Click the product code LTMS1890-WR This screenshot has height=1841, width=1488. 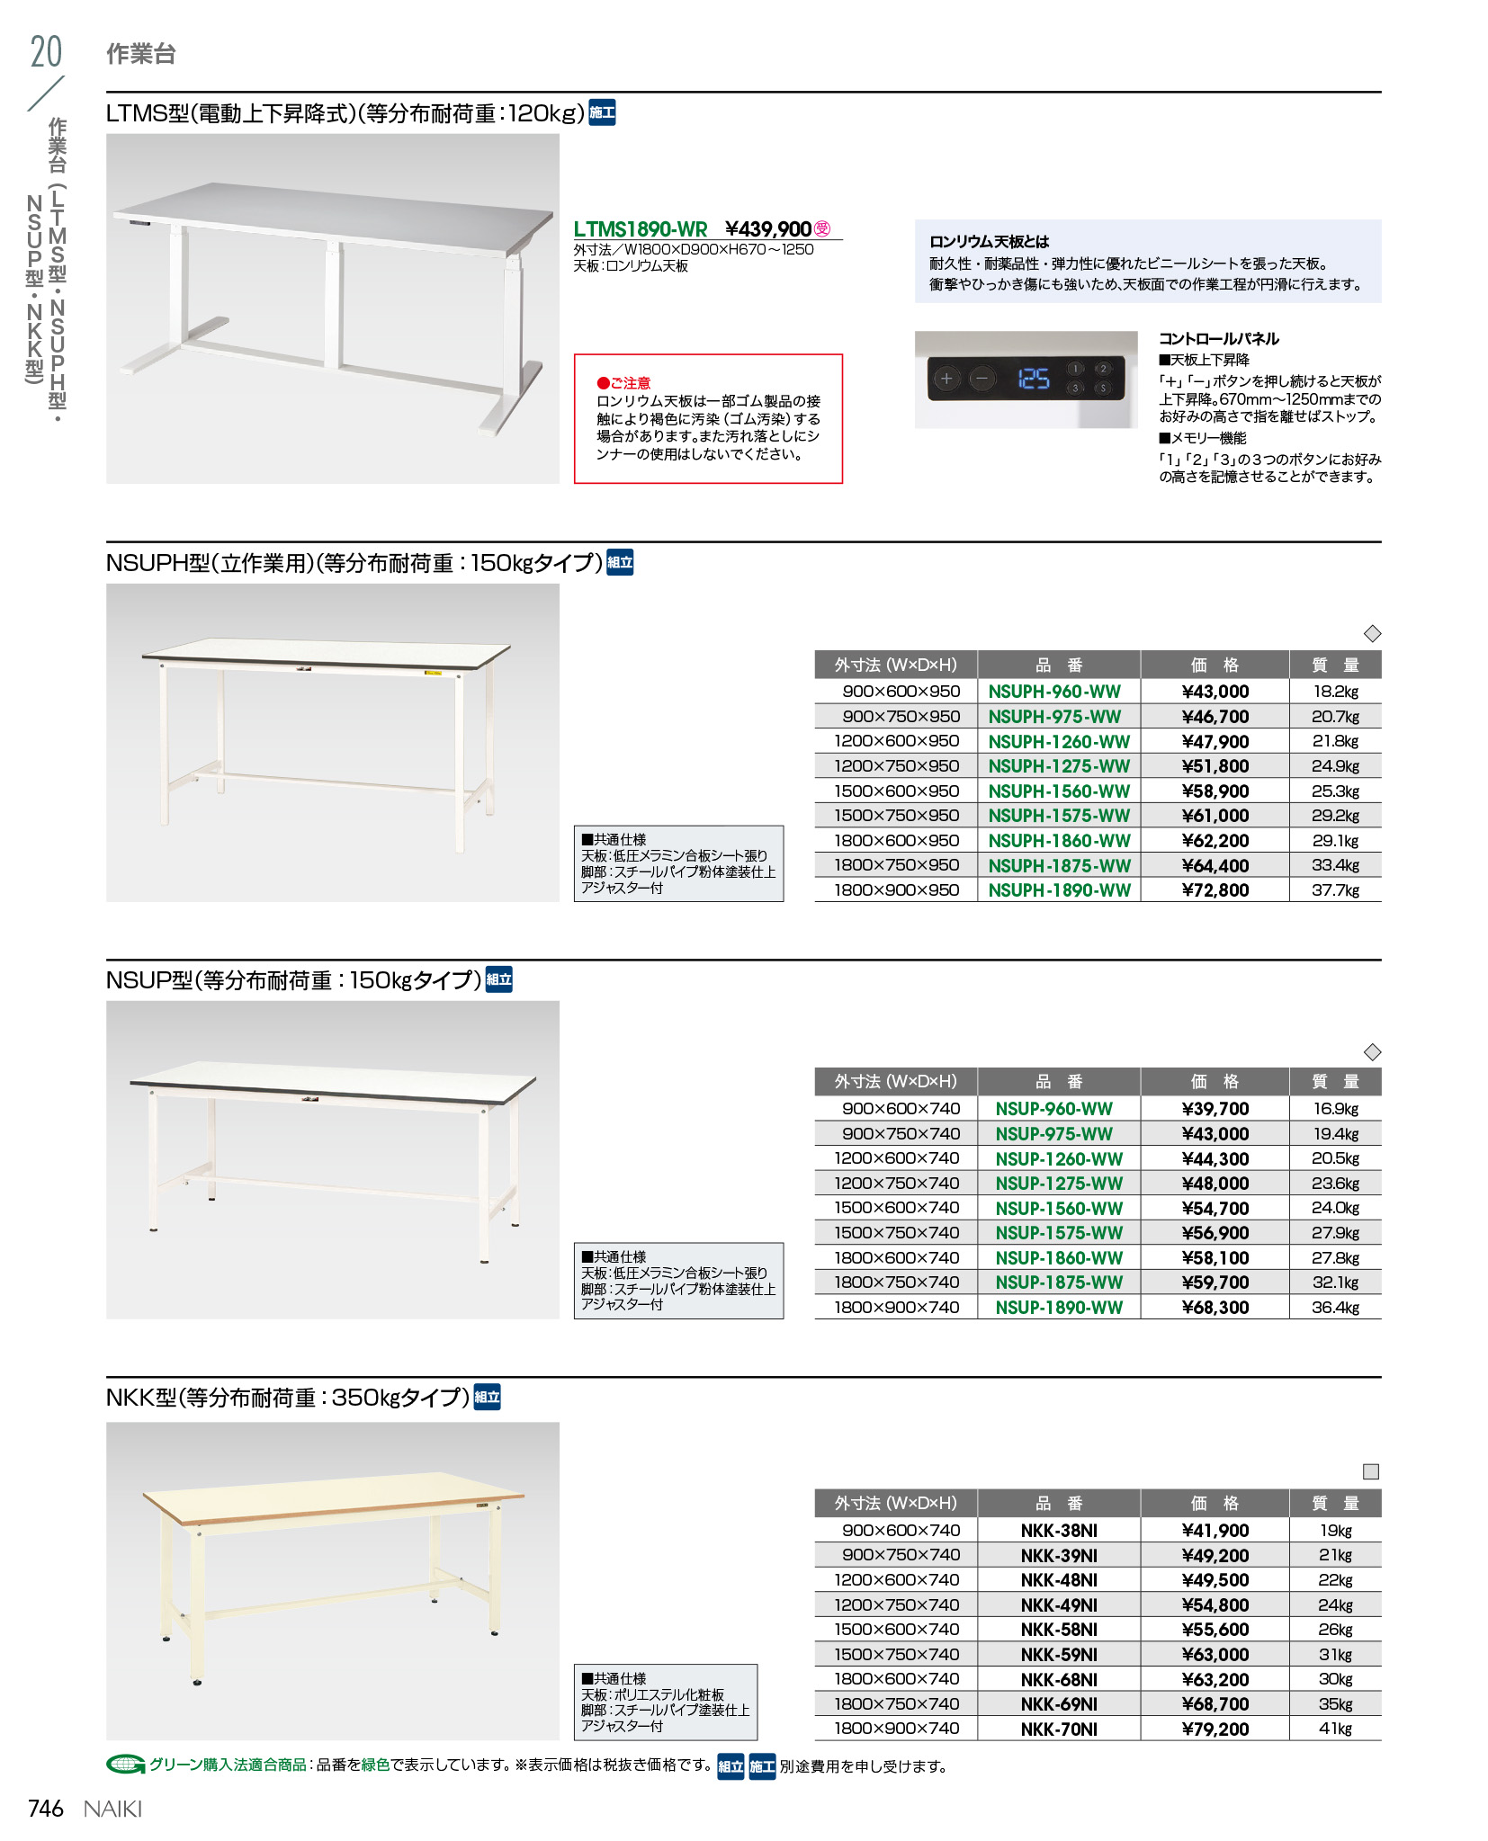[x=641, y=229]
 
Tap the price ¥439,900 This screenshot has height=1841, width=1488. [x=768, y=229]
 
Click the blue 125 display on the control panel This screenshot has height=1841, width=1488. [x=1034, y=379]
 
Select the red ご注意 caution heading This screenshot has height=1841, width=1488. [x=624, y=383]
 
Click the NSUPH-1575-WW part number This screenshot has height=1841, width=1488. [x=1059, y=816]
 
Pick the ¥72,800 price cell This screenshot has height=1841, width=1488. [x=1215, y=890]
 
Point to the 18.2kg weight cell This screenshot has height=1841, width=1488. [x=1335, y=692]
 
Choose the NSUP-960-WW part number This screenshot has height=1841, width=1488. [x=1053, y=1109]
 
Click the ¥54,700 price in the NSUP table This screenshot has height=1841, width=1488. [x=1215, y=1209]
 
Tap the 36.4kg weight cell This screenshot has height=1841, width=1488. [x=1335, y=1308]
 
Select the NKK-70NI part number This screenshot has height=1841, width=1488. [x=1059, y=1729]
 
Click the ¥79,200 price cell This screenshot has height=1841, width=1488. [x=1215, y=1729]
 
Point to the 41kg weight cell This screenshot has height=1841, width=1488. [x=1335, y=1729]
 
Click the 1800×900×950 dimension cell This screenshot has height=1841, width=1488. [x=896, y=890]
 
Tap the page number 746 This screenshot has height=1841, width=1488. [x=46, y=1809]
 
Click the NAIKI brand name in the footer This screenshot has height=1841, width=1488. [x=112, y=1809]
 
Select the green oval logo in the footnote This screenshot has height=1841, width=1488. [x=125, y=1765]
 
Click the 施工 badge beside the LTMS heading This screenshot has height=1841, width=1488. [x=602, y=112]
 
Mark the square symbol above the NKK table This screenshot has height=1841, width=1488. [x=1371, y=1471]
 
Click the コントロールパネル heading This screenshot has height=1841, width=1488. [x=1218, y=339]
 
